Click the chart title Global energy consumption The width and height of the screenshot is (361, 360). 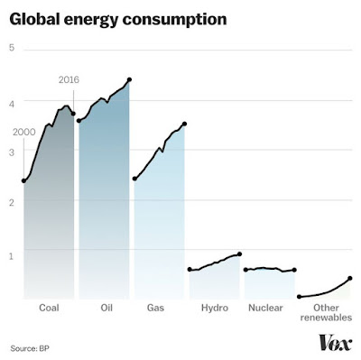[x=118, y=20]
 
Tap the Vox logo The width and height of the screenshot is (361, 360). [x=336, y=342]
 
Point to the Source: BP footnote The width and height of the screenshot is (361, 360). [x=30, y=348]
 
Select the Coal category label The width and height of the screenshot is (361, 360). [x=49, y=308]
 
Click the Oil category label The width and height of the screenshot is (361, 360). [x=106, y=308]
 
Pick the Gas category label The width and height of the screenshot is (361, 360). [x=155, y=308]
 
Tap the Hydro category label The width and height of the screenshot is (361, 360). [x=215, y=308]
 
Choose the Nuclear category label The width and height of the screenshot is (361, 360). [x=265, y=308]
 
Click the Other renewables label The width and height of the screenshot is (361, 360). [x=326, y=312]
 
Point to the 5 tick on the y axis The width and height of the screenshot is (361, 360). [x=12, y=48]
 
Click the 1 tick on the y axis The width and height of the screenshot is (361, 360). [x=12, y=256]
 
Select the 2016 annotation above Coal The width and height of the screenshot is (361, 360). [x=69, y=79]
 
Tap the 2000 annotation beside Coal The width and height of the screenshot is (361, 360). [x=24, y=132]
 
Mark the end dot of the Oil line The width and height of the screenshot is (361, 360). [x=129, y=79]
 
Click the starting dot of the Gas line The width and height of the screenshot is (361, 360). [x=134, y=179]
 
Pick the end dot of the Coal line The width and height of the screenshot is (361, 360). [x=73, y=114]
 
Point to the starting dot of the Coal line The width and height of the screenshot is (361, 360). [x=23, y=180]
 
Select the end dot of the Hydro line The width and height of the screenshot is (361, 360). [x=240, y=254]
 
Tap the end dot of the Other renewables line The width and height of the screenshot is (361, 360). [x=350, y=279]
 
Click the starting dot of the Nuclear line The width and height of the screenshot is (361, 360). [x=245, y=270]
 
